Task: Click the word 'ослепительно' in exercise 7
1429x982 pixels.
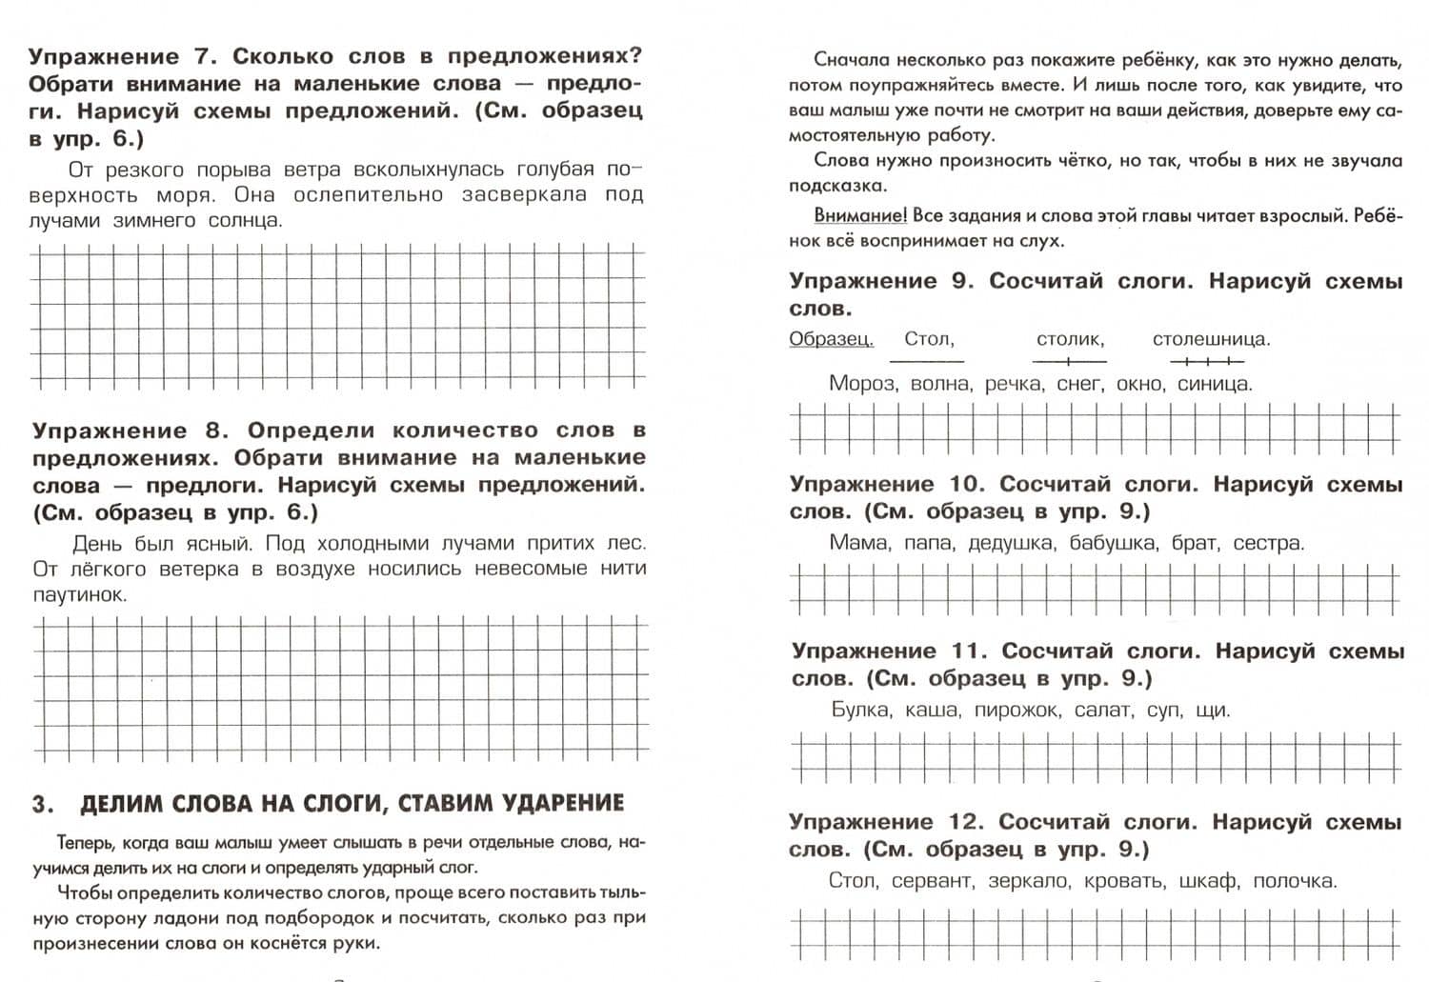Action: coord(368,195)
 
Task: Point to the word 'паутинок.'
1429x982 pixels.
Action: coord(79,594)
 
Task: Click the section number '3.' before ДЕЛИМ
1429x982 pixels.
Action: coord(43,805)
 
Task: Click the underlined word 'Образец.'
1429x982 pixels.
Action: coord(831,339)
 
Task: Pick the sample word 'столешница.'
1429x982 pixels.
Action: coord(1211,339)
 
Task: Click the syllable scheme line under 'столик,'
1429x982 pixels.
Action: coord(1069,361)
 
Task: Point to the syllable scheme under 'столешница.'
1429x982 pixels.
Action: coord(1207,361)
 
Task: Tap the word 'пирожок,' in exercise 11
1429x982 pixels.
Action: coord(1016,710)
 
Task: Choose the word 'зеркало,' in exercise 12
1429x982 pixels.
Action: coord(1029,881)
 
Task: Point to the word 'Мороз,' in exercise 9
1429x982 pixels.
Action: coord(862,384)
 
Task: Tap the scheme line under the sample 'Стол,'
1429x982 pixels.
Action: coord(926,361)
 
